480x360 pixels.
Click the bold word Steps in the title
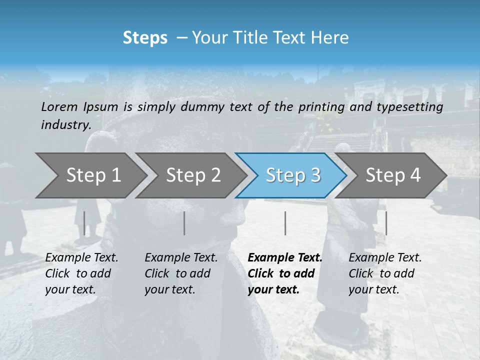click(x=145, y=38)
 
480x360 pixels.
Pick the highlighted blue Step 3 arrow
click(x=293, y=175)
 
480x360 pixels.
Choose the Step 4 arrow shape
click(x=393, y=175)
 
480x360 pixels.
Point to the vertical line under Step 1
click(x=84, y=223)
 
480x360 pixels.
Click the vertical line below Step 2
click(x=184, y=223)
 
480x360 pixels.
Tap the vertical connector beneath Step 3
click(x=285, y=223)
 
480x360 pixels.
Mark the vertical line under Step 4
click(x=386, y=223)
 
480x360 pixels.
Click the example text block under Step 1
click(x=81, y=273)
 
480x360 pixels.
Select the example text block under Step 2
click(x=181, y=273)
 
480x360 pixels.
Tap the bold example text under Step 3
click(x=284, y=273)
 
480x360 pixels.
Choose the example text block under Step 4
click(x=385, y=273)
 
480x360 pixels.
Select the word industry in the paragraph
click(x=65, y=125)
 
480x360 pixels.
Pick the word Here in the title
click(x=332, y=38)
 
